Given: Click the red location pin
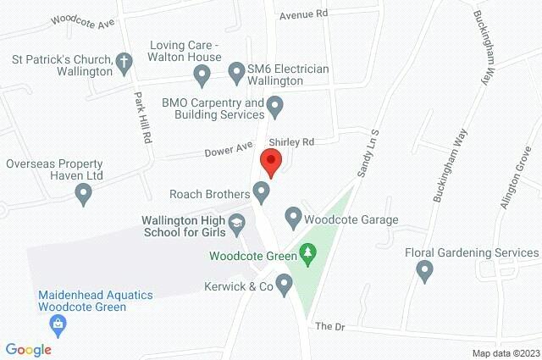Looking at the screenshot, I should [271, 161].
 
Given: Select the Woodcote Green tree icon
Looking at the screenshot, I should [307, 252].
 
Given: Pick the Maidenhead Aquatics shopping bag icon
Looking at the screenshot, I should [58, 323].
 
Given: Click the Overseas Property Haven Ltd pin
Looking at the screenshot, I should [83, 195].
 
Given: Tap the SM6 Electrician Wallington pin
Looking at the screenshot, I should [237, 70].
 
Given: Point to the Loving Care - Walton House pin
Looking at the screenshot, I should [202, 76].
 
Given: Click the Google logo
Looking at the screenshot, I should [29, 349].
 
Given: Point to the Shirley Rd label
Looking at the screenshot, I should [291, 141].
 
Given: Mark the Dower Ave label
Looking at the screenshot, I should [228, 151].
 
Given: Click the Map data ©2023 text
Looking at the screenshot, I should [505, 352].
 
